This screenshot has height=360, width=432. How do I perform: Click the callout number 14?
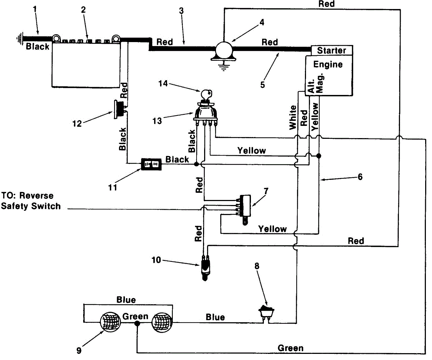click(163, 83)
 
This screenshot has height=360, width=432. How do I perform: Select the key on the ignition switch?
click(206, 94)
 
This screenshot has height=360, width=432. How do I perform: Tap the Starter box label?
click(332, 50)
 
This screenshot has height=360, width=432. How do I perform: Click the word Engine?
click(328, 64)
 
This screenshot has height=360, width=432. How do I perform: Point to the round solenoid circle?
click(224, 50)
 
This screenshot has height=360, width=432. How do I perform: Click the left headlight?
click(110, 322)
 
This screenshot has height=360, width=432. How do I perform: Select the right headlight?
click(162, 322)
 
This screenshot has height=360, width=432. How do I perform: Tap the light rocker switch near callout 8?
click(266, 314)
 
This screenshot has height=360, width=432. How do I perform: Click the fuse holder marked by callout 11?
click(151, 164)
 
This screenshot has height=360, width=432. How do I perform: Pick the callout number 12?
click(77, 124)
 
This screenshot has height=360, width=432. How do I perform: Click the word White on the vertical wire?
click(293, 118)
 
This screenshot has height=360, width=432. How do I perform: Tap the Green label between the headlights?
click(135, 316)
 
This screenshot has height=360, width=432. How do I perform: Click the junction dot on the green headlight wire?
click(137, 323)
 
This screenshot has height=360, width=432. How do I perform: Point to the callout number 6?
click(360, 177)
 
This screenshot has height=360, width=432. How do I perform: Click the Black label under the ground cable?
click(38, 46)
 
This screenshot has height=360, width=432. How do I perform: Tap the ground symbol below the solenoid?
click(224, 66)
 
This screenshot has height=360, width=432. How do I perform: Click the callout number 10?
click(156, 260)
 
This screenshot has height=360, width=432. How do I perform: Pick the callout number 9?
click(79, 351)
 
